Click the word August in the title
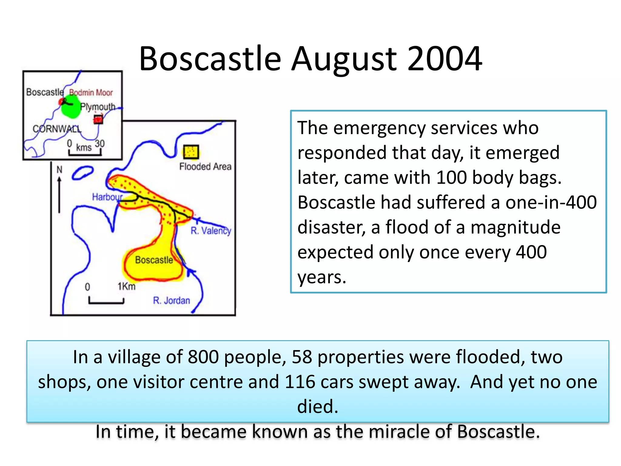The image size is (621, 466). pyautogui.click(x=344, y=59)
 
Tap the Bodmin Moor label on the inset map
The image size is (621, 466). pyautogui.click(x=91, y=93)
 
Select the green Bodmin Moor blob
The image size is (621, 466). pyautogui.click(x=71, y=107)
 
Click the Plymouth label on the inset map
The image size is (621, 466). pyautogui.click(x=98, y=107)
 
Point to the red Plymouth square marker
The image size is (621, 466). pyautogui.click(x=98, y=120)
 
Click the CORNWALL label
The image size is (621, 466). pyautogui.click(x=57, y=129)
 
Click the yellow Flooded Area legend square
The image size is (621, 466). pyautogui.click(x=191, y=152)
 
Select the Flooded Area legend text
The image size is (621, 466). pyautogui.click(x=205, y=167)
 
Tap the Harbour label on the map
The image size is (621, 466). pyautogui.click(x=107, y=197)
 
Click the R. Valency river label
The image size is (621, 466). pyautogui.click(x=211, y=231)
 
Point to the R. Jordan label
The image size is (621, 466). pyautogui.click(x=171, y=300)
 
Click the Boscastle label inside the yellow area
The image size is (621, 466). pyautogui.click(x=154, y=260)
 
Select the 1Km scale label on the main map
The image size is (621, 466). pyautogui.click(x=126, y=286)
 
